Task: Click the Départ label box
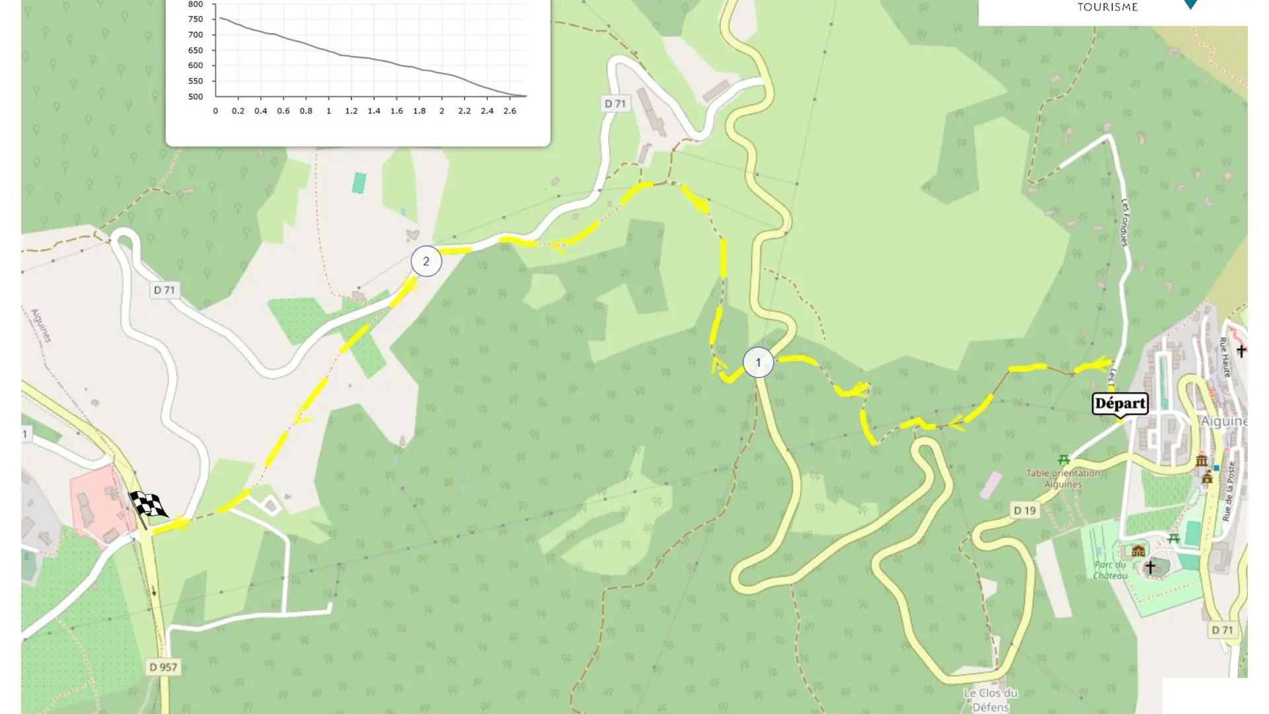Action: pos(1120,403)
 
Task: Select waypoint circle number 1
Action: pos(758,362)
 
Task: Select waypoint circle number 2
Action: pos(426,261)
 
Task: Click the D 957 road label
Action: pos(163,667)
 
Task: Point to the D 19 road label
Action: pos(1025,510)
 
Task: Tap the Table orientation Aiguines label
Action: pos(1063,479)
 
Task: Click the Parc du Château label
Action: pos(1110,570)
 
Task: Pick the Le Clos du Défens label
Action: pos(990,699)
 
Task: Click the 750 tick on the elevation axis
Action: pos(196,19)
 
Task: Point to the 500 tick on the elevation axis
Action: pos(196,97)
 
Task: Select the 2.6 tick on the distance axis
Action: pos(510,111)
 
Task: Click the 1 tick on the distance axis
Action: pos(328,111)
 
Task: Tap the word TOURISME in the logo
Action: pos(1108,7)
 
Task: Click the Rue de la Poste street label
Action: pos(1229,491)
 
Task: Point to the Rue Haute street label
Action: pos(1225,357)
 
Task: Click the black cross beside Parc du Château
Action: pos(1150,567)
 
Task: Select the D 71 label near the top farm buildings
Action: pos(615,104)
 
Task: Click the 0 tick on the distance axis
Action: pos(215,111)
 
